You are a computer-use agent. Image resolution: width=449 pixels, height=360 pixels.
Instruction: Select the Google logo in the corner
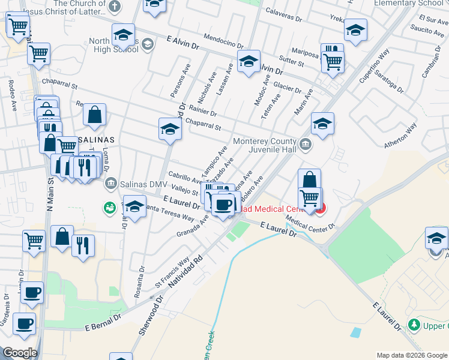coord(20,353)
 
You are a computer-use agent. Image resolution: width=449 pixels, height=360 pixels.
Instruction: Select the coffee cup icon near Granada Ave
coord(223,205)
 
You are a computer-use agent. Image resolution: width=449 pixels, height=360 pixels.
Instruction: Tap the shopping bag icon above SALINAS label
coord(94,115)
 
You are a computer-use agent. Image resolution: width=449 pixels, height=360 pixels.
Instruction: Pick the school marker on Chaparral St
coord(170,128)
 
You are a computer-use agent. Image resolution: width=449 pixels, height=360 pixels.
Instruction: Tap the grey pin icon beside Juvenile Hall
coord(306,145)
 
